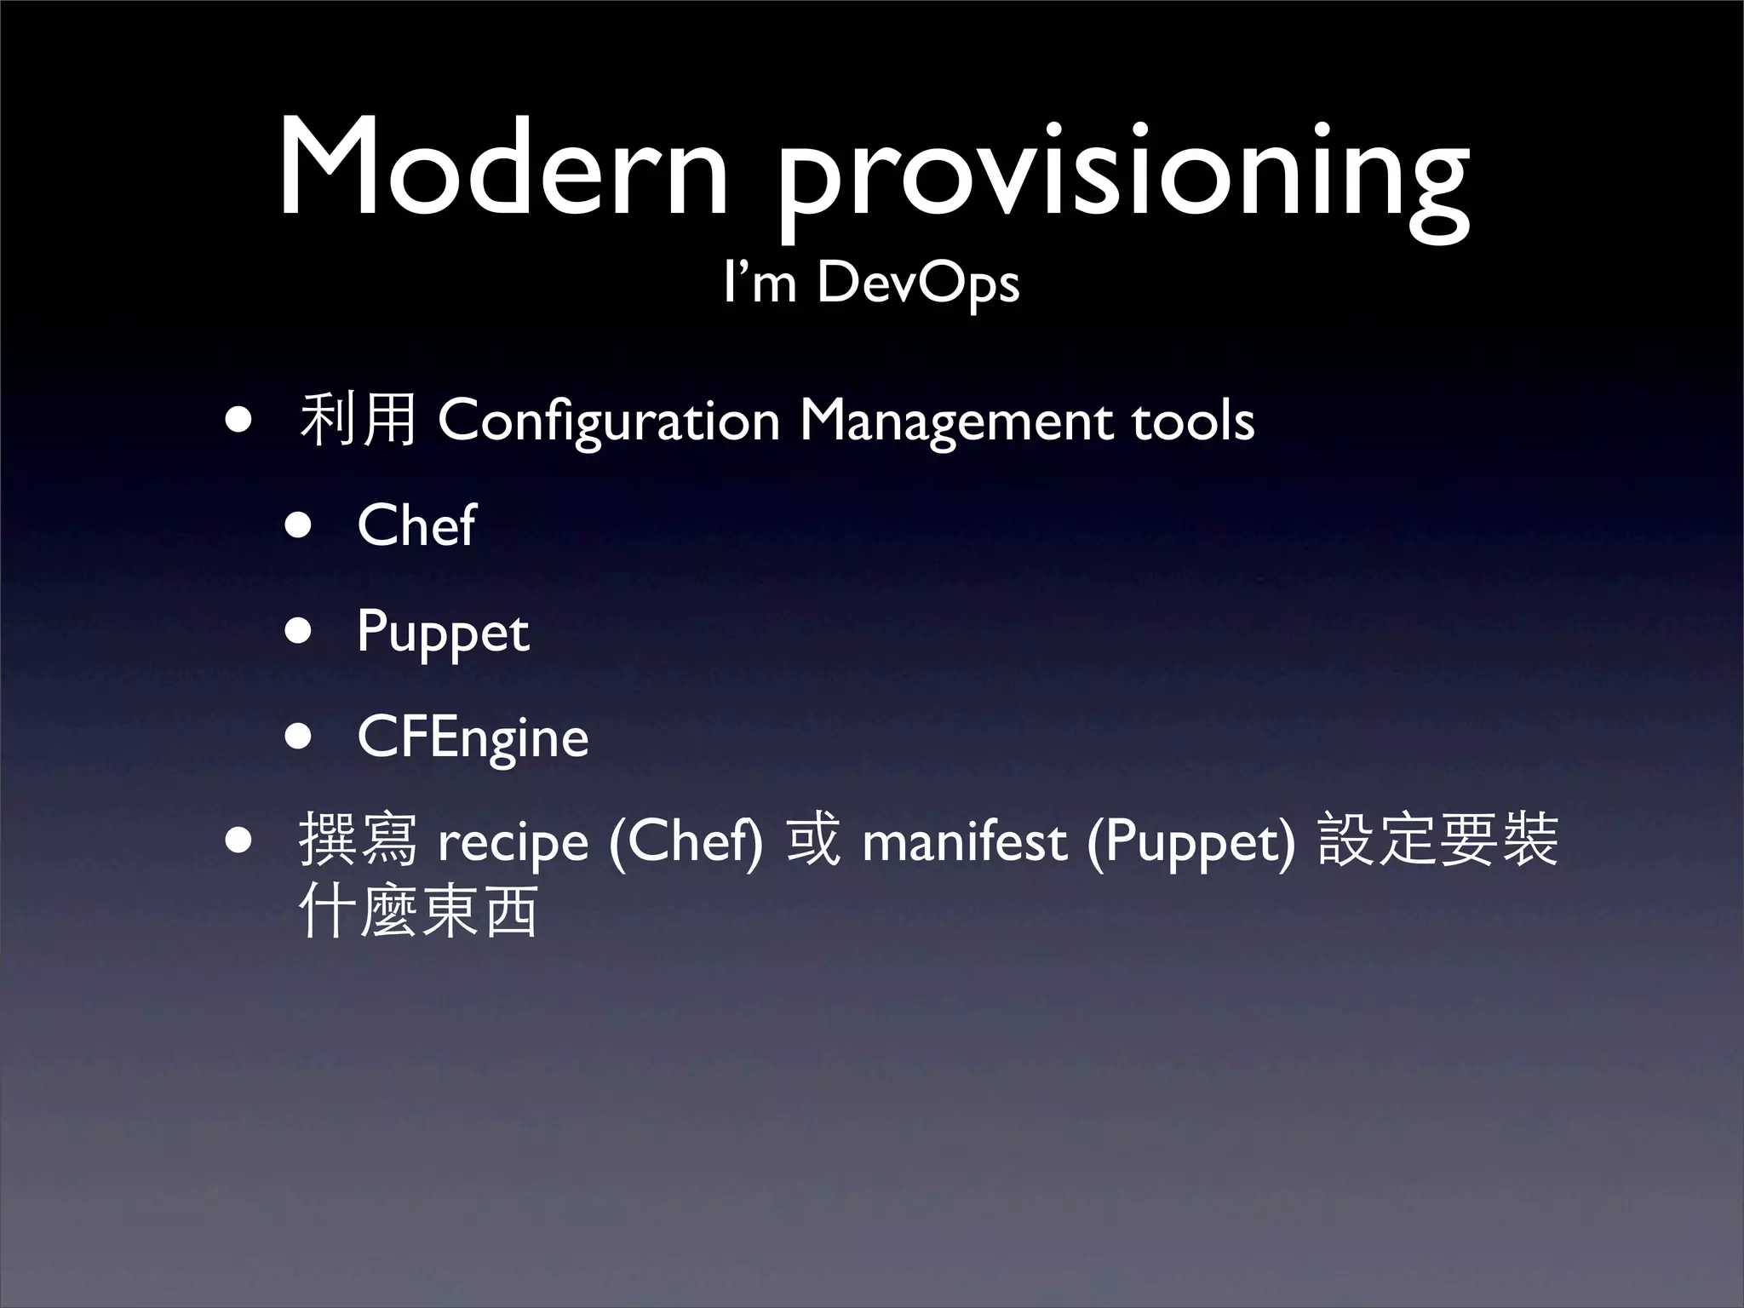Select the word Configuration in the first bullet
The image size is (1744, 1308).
[608, 421]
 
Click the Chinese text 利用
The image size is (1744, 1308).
[358, 421]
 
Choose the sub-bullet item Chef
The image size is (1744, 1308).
[416, 525]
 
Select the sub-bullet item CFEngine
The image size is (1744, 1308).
[473, 737]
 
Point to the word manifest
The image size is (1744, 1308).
[964, 841]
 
